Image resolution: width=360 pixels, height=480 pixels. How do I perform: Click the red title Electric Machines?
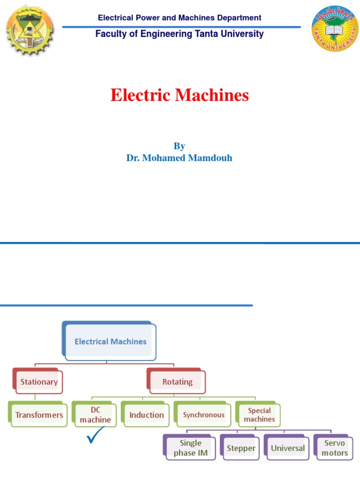(x=180, y=96)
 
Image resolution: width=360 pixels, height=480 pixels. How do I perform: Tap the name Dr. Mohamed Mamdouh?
(x=179, y=158)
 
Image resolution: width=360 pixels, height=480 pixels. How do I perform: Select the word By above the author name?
(x=179, y=146)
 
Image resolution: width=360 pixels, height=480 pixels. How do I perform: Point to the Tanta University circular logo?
(x=335, y=30)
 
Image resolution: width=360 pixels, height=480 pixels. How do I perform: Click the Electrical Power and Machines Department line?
(x=180, y=18)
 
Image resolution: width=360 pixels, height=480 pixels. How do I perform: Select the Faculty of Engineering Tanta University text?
(x=180, y=34)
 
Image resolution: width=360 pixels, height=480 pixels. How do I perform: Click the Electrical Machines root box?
(x=110, y=342)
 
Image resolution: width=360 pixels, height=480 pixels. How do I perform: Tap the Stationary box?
(x=39, y=382)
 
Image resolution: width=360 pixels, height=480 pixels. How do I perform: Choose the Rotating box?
(x=177, y=382)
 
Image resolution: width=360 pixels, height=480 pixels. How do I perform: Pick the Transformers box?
(x=39, y=415)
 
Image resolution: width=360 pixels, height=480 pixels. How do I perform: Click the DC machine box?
(x=95, y=415)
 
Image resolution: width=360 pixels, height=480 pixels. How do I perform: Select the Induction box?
(x=147, y=415)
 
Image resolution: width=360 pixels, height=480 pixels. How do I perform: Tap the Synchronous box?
(x=203, y=415)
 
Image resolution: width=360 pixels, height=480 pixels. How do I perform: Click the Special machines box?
(x=259, y=415)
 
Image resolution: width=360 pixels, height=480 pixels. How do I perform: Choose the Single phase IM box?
(x=190, y=448)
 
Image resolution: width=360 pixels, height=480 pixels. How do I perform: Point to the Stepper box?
(x=240, y=448)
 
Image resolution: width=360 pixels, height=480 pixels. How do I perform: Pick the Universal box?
(x=287, y=448)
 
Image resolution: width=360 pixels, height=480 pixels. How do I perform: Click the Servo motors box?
(x=334, y=448)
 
